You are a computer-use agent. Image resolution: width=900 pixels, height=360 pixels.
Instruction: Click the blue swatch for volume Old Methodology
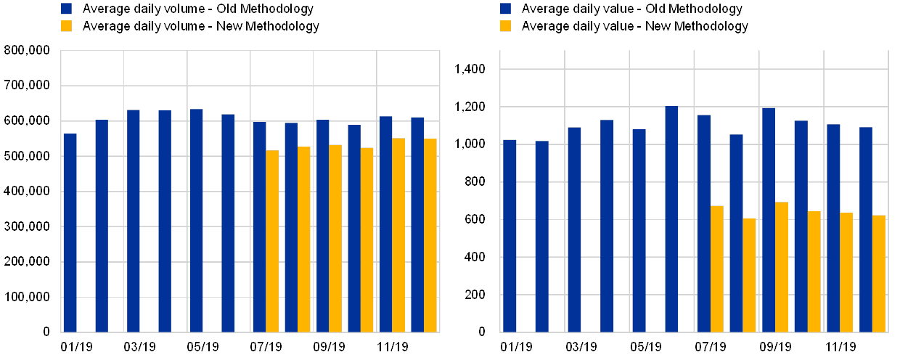[67, 9]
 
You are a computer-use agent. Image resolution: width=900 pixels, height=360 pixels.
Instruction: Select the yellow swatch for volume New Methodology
[67, 26]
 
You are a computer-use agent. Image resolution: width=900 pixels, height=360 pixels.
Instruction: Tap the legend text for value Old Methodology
[631, 9]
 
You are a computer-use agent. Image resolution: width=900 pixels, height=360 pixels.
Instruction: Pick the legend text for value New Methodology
[634, 26]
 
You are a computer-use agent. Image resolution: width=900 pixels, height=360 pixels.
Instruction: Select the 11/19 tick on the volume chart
[392, 345]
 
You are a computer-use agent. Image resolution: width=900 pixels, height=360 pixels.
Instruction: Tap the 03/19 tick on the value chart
[581, 345]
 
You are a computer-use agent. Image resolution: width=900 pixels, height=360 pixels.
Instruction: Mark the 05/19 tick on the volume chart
[203, 345]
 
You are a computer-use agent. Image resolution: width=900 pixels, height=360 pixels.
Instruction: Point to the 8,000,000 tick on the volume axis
[28, 51]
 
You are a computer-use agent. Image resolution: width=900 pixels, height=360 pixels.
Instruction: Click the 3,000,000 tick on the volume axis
[28, 227]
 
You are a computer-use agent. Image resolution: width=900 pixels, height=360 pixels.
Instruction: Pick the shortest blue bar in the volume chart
[70, 232]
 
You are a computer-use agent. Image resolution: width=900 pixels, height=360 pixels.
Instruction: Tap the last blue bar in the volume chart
[417, 224]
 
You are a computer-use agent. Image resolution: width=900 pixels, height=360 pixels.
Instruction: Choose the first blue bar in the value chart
[510, 236]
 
